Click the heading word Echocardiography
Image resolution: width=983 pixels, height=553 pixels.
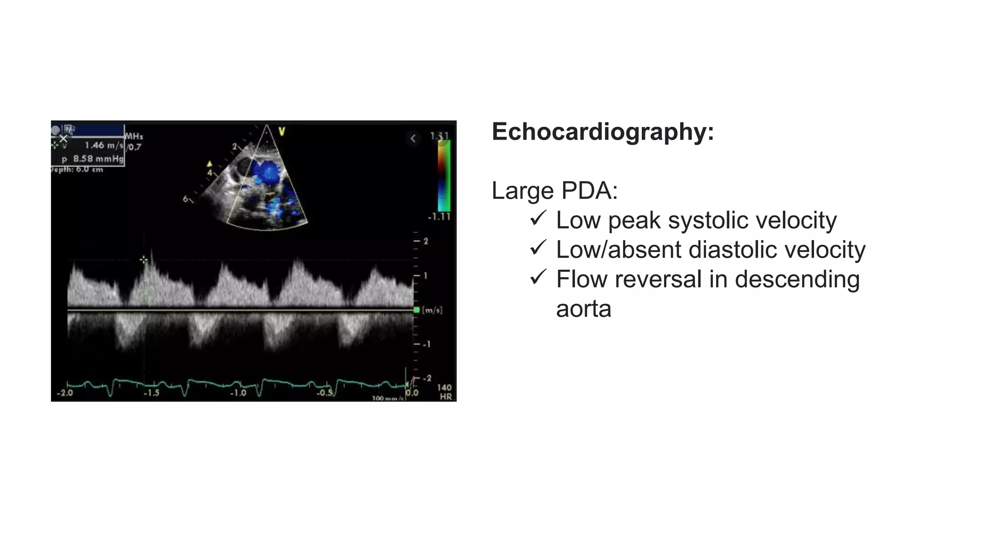602,132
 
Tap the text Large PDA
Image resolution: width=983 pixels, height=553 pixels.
554,191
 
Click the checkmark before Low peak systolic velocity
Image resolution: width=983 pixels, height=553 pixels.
538,218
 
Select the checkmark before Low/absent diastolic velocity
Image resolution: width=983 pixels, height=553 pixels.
538,248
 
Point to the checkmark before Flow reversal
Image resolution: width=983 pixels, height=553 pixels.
538,277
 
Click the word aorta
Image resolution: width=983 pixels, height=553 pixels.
584,309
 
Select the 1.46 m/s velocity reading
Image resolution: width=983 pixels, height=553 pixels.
104,145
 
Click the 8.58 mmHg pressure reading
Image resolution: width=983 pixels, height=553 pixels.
98,158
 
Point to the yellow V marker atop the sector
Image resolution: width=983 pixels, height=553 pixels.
282,131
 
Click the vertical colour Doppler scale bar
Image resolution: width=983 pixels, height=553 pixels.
444,176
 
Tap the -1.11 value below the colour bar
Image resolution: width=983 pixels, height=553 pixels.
439,217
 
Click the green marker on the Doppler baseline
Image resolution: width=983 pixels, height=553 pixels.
416,310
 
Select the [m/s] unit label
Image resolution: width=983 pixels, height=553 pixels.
432,310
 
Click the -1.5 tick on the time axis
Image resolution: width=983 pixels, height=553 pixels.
151,393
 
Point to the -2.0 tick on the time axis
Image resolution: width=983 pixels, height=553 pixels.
65,393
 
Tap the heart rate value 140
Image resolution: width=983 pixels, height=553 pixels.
444,387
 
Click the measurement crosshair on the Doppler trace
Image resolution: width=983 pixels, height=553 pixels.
144,260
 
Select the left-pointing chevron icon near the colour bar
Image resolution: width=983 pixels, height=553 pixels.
413,139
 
